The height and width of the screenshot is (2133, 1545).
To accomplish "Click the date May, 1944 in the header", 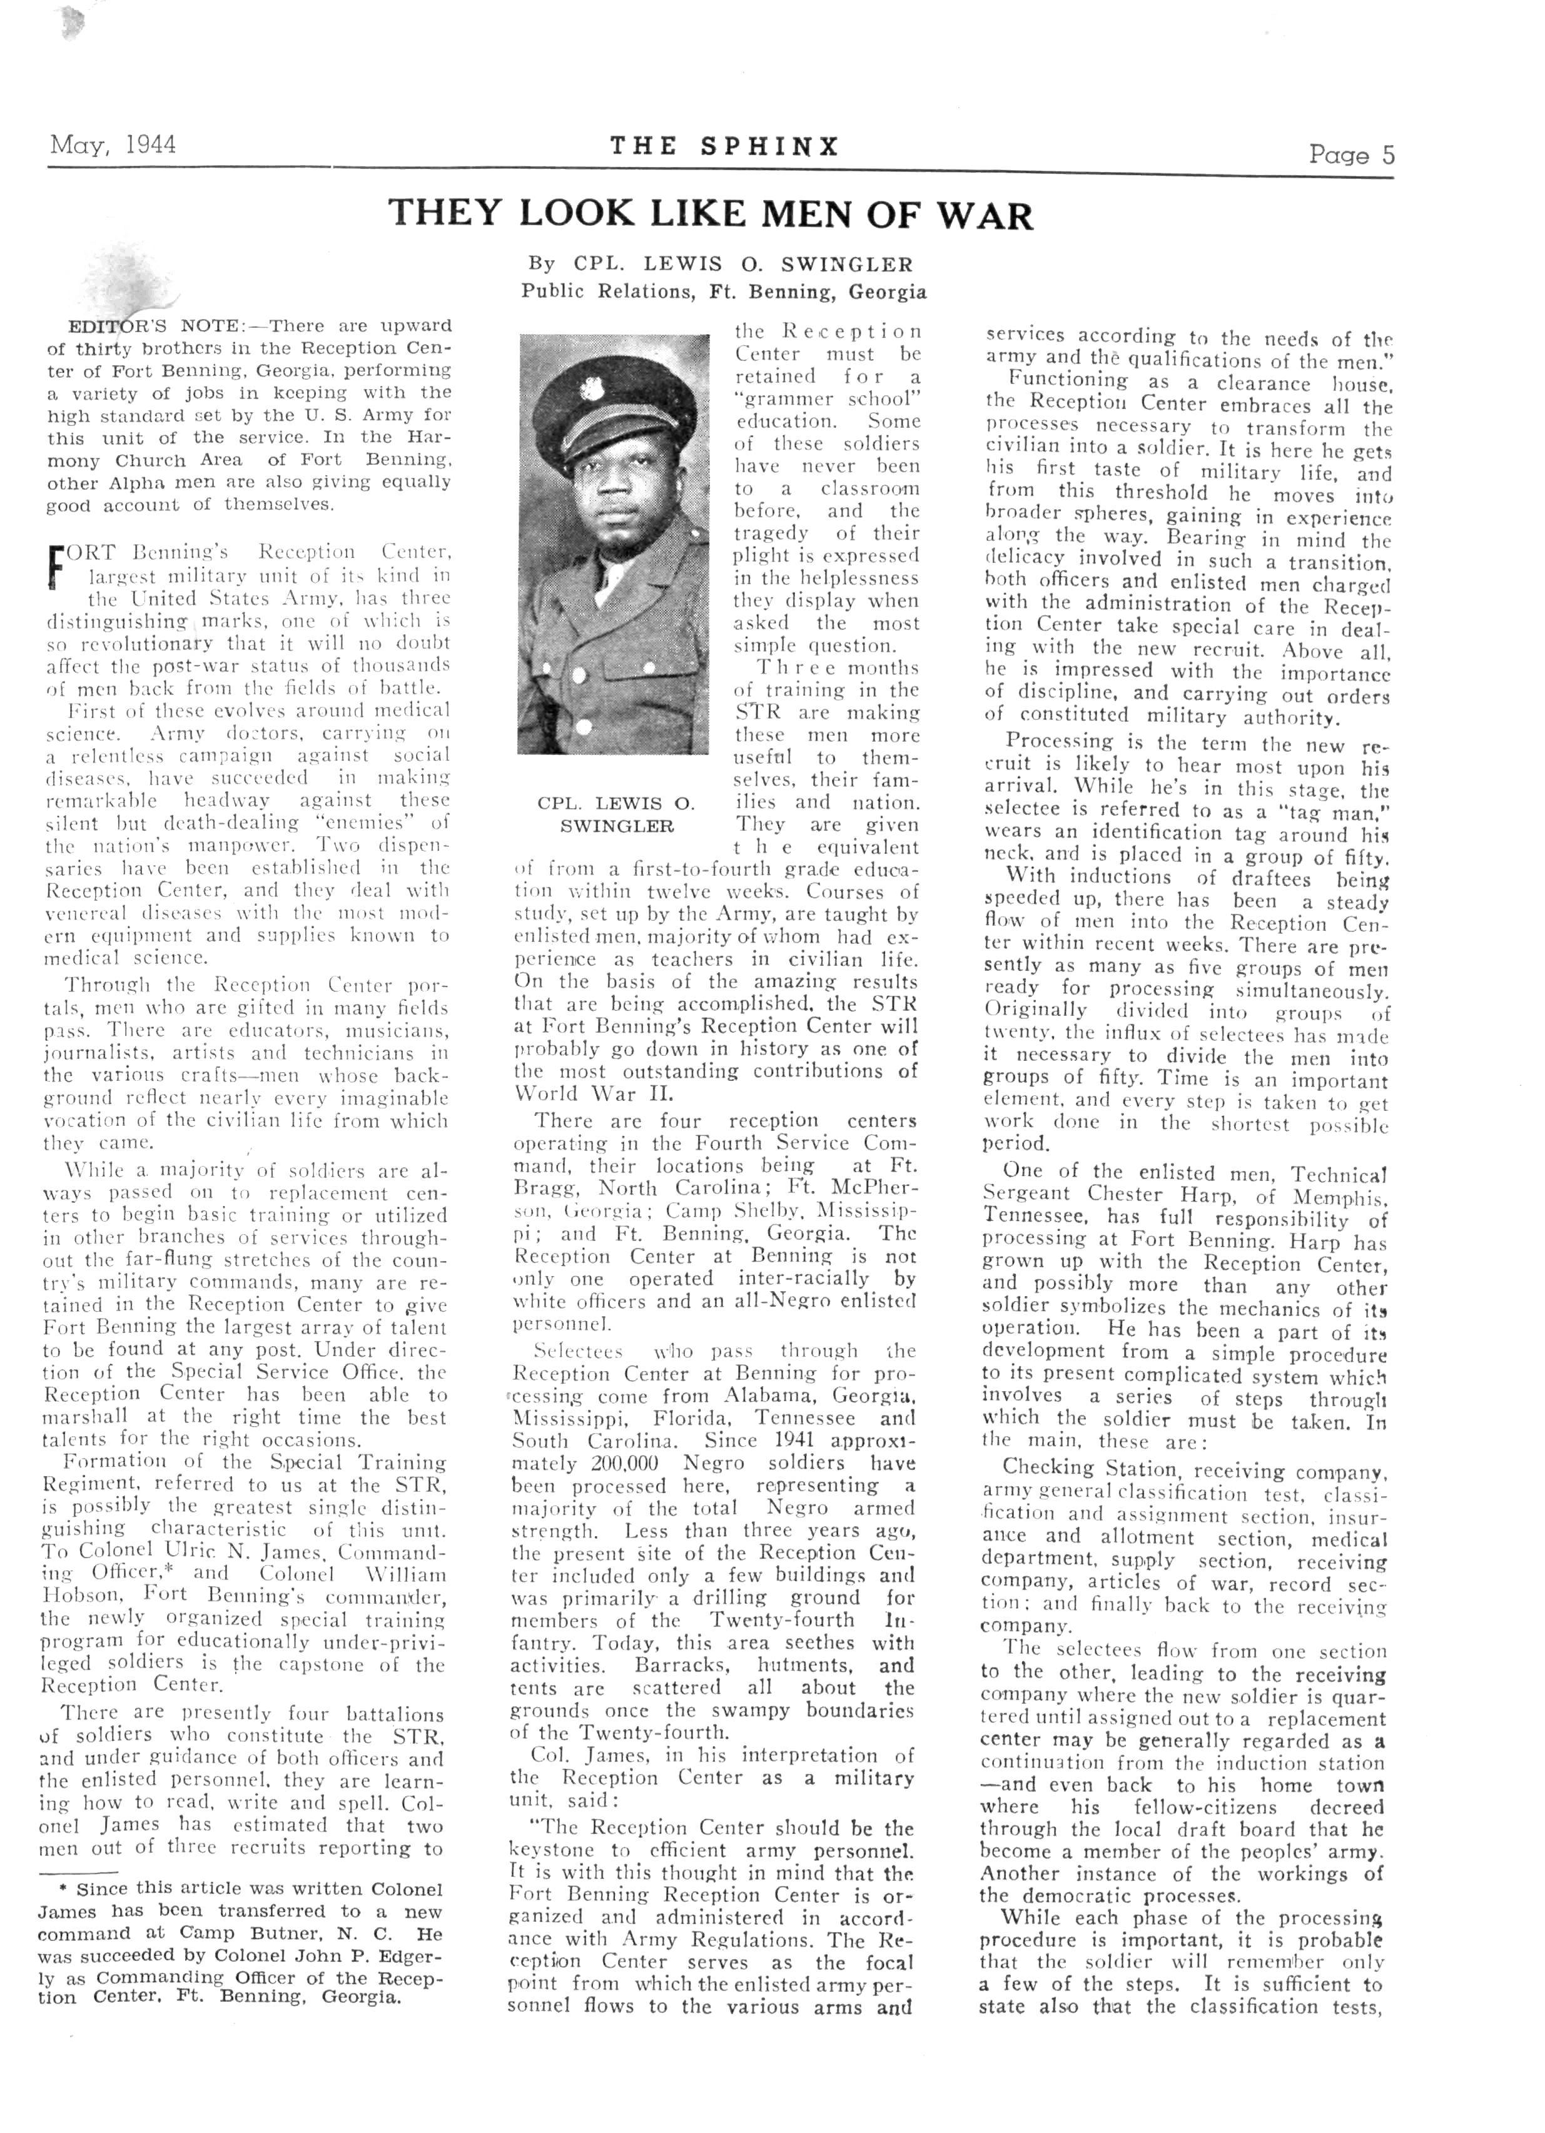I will point(113,145).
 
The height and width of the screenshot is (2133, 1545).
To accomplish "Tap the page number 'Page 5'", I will point(1351,155).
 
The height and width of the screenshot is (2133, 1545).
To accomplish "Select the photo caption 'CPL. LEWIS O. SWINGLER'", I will point(617,814).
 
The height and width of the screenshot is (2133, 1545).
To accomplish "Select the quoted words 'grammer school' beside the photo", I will point(828,398).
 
